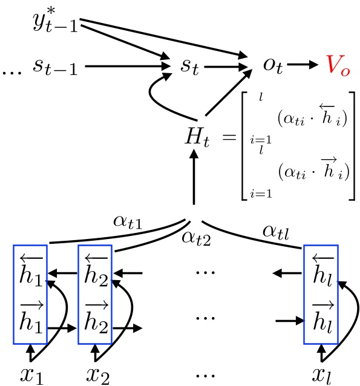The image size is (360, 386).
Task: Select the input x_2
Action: tap(97, 373)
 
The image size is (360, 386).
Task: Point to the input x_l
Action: tap(322, 373)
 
